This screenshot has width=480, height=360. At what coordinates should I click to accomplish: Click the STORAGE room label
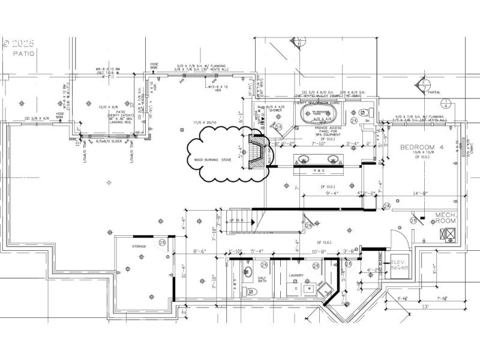pyautogui.click(x=139, y=246)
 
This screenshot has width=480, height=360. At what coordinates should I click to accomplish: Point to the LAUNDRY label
pyautogui.click(x=296, y=276)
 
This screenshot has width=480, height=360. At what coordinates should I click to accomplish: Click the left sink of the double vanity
pyautogui.click(x=304, y=160)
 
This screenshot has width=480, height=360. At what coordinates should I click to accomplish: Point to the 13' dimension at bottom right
pyautogui.click(x=425, y=307)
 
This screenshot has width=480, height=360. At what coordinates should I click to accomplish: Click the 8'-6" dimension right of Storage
pyautogui.click(x=200, y=251)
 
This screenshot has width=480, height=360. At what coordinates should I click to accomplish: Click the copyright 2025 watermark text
pyautogui.click(x=19, y=43)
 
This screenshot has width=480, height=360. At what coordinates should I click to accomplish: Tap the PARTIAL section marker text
pyautogui.click(x=434, y=92)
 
